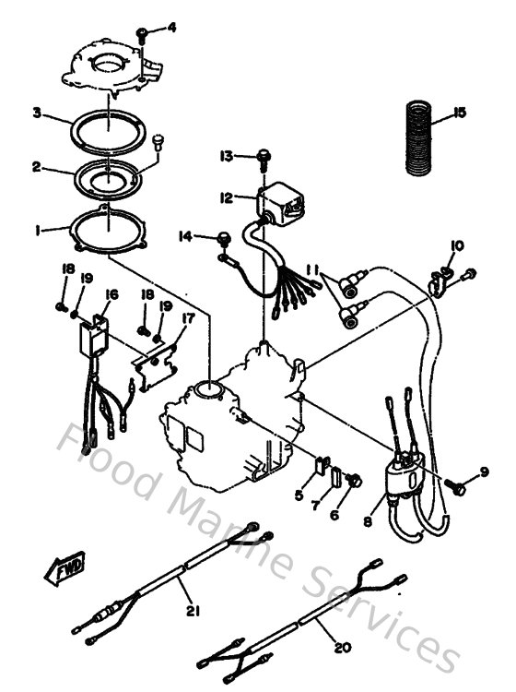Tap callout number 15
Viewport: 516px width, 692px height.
[x=460, y=113]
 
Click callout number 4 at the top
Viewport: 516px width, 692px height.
[x=171, y=28]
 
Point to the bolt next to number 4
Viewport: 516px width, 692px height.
[x=144, y=33]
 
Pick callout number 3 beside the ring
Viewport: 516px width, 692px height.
[x=37, y=113]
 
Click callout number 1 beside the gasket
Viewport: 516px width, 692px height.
[x=37, y=233]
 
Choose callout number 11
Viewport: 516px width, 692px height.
[x=313, y=268]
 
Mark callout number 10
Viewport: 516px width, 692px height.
[x=457, y=245]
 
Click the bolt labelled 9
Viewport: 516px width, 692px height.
[x=455, y=483]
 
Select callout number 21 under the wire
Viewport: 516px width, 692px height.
[x=193, y=610]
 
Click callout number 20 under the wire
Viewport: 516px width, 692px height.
[x=342, y=649]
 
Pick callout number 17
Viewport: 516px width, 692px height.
[x=188, y=319]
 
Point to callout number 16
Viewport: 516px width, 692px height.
[x=111, y=295]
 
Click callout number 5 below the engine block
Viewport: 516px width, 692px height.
[x=298, y=495]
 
